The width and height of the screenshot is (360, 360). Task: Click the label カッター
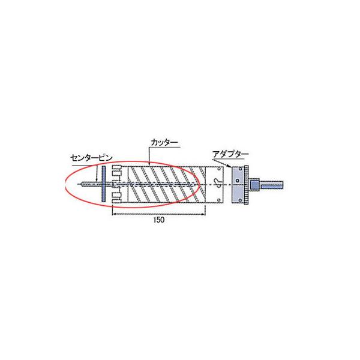164,142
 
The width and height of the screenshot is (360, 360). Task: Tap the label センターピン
91,158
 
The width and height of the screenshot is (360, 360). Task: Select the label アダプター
230,154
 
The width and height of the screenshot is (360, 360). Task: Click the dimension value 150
159,220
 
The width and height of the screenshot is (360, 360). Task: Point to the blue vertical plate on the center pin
104,184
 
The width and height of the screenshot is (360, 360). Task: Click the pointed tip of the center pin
82,184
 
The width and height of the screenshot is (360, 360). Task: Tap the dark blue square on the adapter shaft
254,184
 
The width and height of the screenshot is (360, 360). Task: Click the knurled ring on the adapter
247,185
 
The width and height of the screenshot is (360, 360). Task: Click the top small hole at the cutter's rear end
219,169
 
